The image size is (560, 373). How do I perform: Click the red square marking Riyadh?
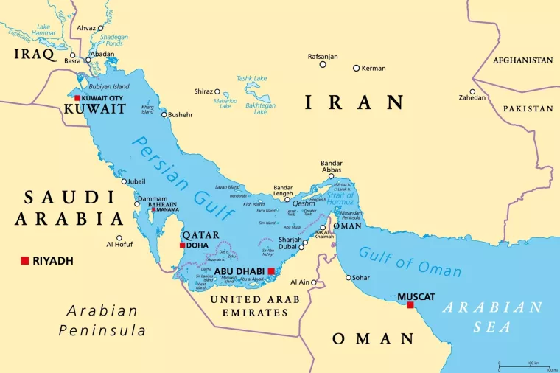coord(24,261)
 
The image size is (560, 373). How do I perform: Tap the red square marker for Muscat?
coord(410,305)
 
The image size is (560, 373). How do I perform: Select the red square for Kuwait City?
coord(77,97)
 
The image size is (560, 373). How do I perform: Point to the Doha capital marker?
coord(182,245)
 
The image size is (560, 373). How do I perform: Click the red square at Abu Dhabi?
coord(271,271)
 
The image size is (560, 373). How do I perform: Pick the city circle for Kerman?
coord(356,68)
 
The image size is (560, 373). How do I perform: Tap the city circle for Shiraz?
coord(217,91)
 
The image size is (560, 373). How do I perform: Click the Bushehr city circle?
coord(164,114)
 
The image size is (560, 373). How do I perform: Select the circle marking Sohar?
coord(349,277)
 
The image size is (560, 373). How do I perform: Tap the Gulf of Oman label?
coord(410,262)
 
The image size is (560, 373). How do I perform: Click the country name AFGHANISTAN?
coord(522,60)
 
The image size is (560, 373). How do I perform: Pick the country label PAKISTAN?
coord(528,108)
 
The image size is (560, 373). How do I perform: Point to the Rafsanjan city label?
coord(323,56)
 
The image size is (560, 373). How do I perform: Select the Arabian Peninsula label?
coord(102,320)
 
